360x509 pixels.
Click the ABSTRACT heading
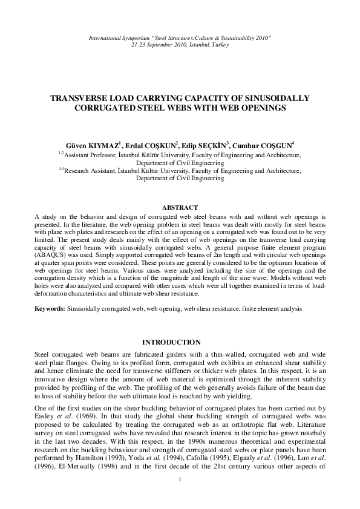180,207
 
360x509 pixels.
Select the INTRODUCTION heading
180,342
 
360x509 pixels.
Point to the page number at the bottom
180,497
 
